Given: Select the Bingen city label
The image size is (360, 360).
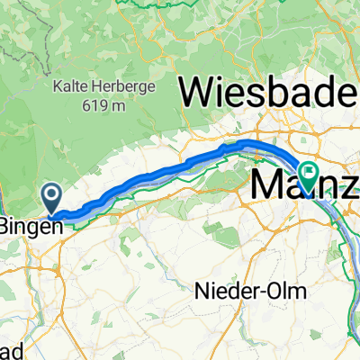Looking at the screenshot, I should [x=32, y=227].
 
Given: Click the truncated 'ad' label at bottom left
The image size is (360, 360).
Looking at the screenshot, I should [x=9, y=348].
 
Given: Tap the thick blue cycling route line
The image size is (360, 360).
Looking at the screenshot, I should [x=162, y=173].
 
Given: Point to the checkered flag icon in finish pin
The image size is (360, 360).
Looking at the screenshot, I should [x=310, y=169].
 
